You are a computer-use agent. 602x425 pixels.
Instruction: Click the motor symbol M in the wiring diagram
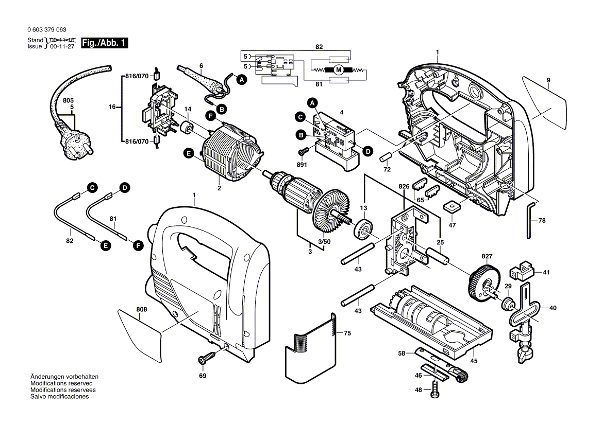[339, 69]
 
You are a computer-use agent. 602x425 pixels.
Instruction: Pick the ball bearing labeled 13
[364, 229]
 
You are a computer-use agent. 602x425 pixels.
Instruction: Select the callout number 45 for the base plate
[473, 361]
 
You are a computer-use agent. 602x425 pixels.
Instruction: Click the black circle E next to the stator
[188, 153]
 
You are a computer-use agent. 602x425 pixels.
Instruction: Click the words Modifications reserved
[61, 383]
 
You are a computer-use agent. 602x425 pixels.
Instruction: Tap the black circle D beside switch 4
[367, 151]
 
